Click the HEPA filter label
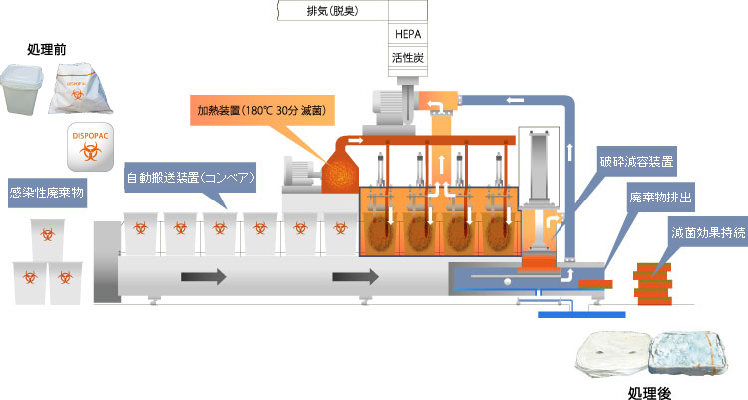(408, 34)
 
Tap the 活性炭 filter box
(407, 58)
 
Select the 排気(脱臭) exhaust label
(332, 11)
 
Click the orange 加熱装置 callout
(262, 111)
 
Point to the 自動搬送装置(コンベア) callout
(189, 178)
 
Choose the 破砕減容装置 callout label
(636, 162)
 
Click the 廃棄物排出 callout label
(660, 197)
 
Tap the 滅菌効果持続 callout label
(708, 232)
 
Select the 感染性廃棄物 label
(47, 193)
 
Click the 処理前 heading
(46, 49)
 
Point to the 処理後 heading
(649, 393)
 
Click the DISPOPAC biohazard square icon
(90, 147)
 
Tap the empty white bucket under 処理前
(22, 90)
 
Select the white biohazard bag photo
(80, 89)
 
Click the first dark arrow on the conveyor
(203, 277)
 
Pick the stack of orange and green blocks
(652, 284)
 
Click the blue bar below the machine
(581, 315)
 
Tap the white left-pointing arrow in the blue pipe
(516, 100)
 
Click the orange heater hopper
(340, 173)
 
